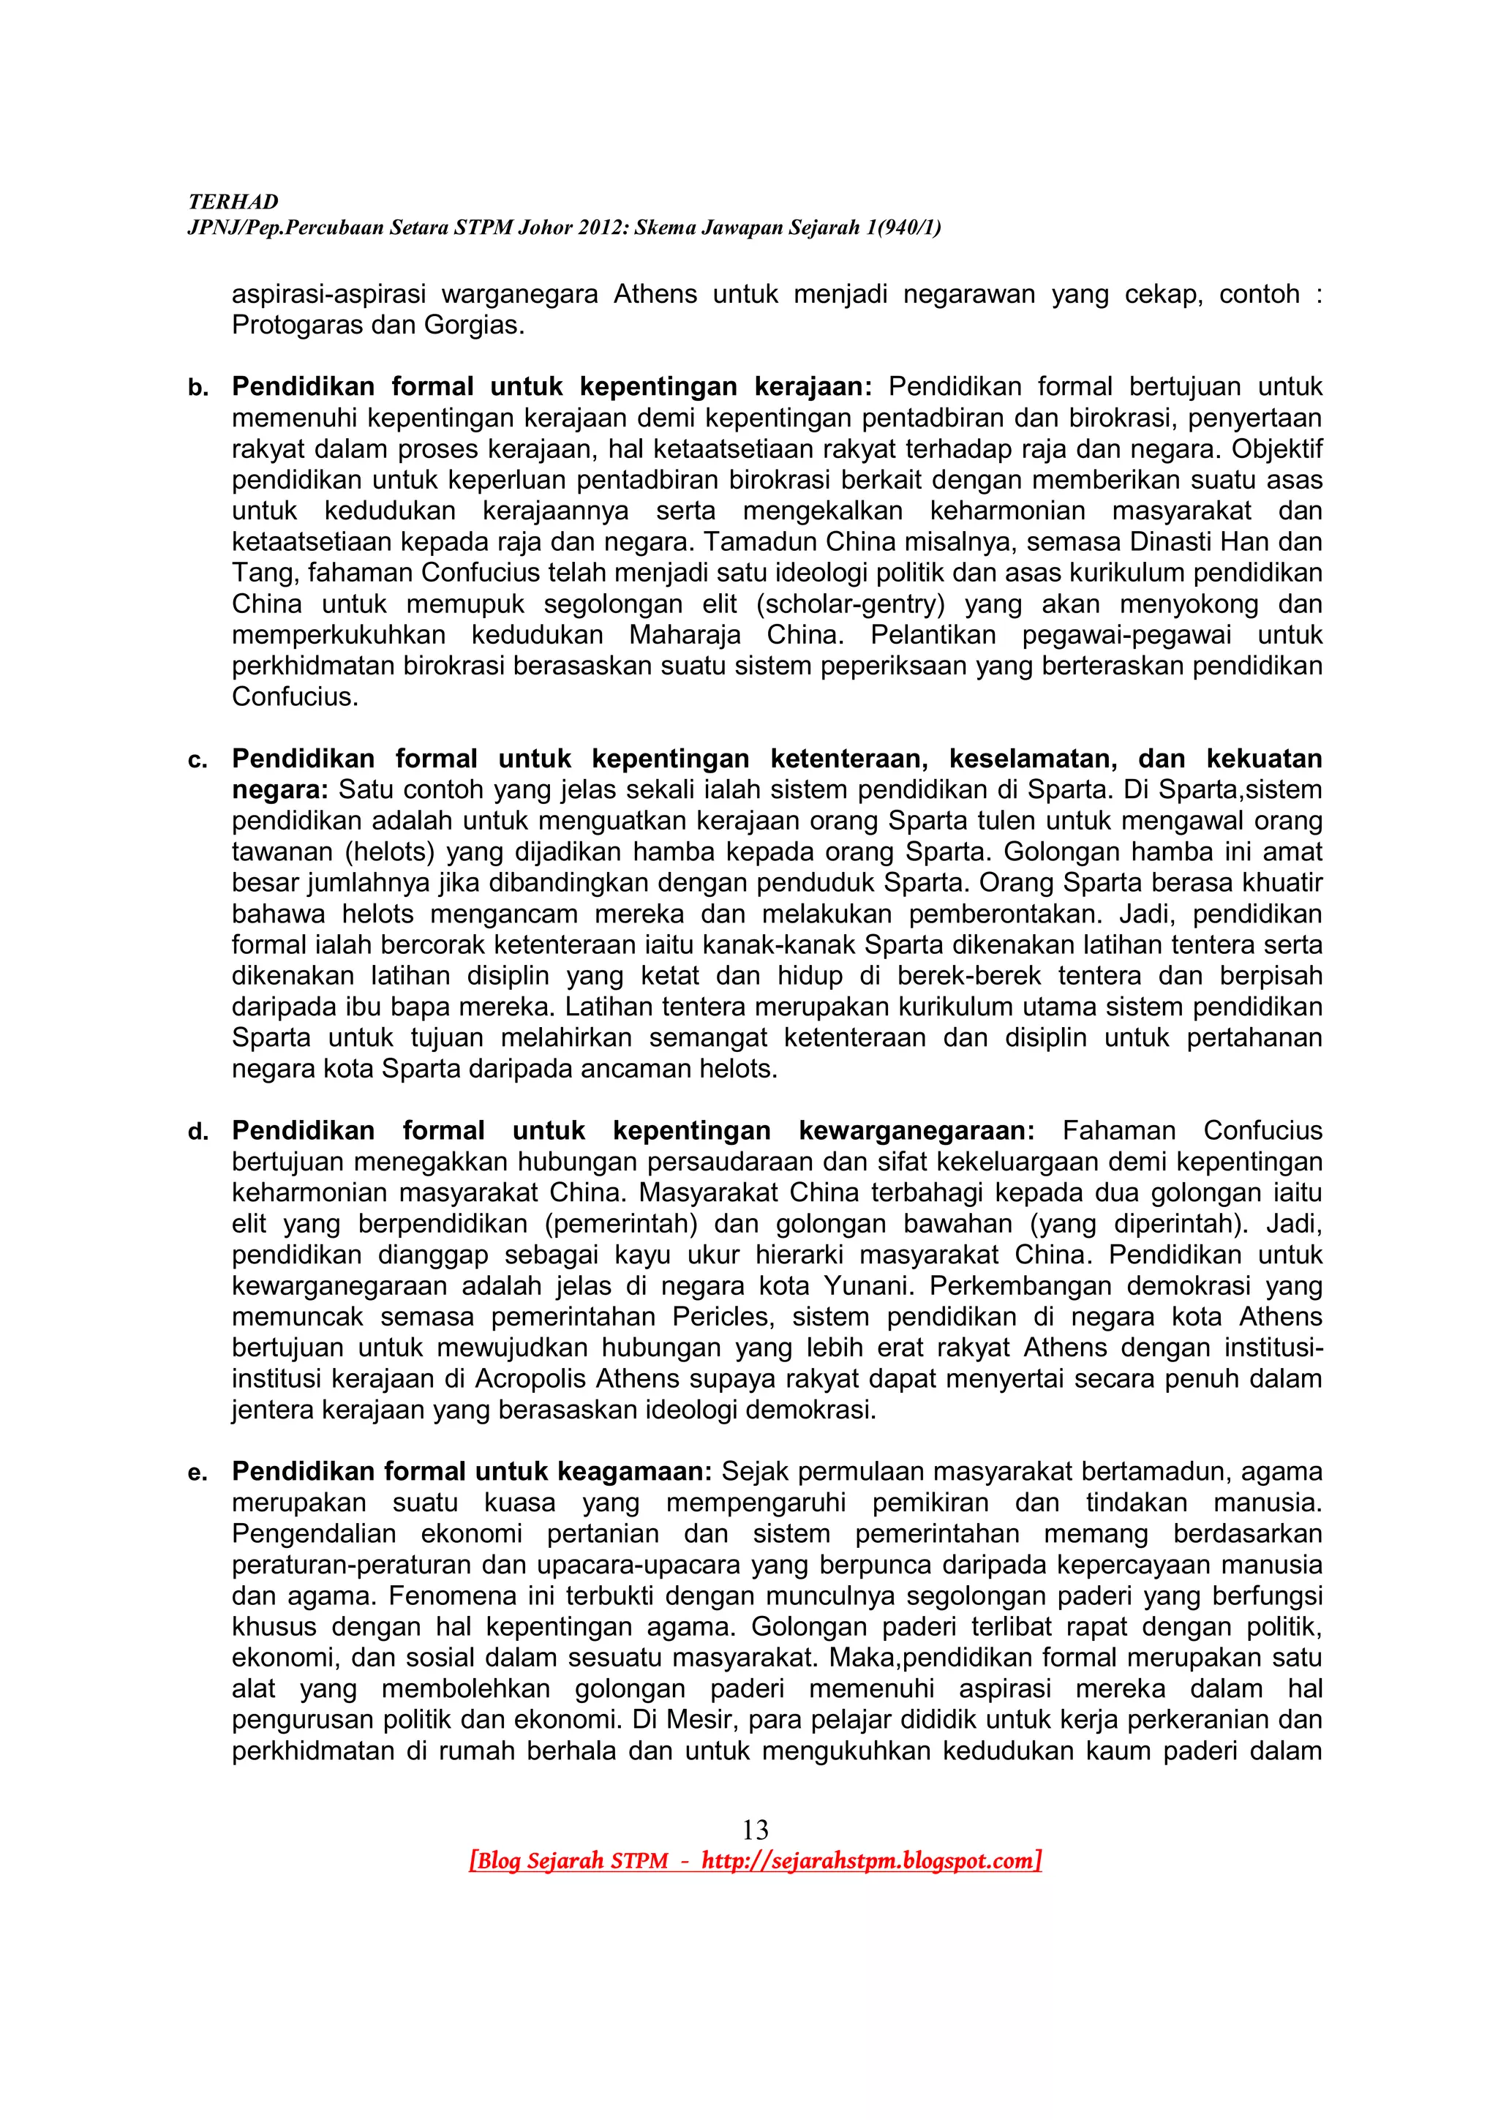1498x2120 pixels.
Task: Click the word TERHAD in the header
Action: click(x=233, y=202)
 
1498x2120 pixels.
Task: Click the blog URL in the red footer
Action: click(x=870, y=1860)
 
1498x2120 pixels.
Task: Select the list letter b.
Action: click(x=197, y=388)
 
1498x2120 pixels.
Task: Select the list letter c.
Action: click(x=197, y=761)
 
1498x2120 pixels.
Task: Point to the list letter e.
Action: click(x=197, y=1473)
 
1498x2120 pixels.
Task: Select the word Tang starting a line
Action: click(x=261, y=574)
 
